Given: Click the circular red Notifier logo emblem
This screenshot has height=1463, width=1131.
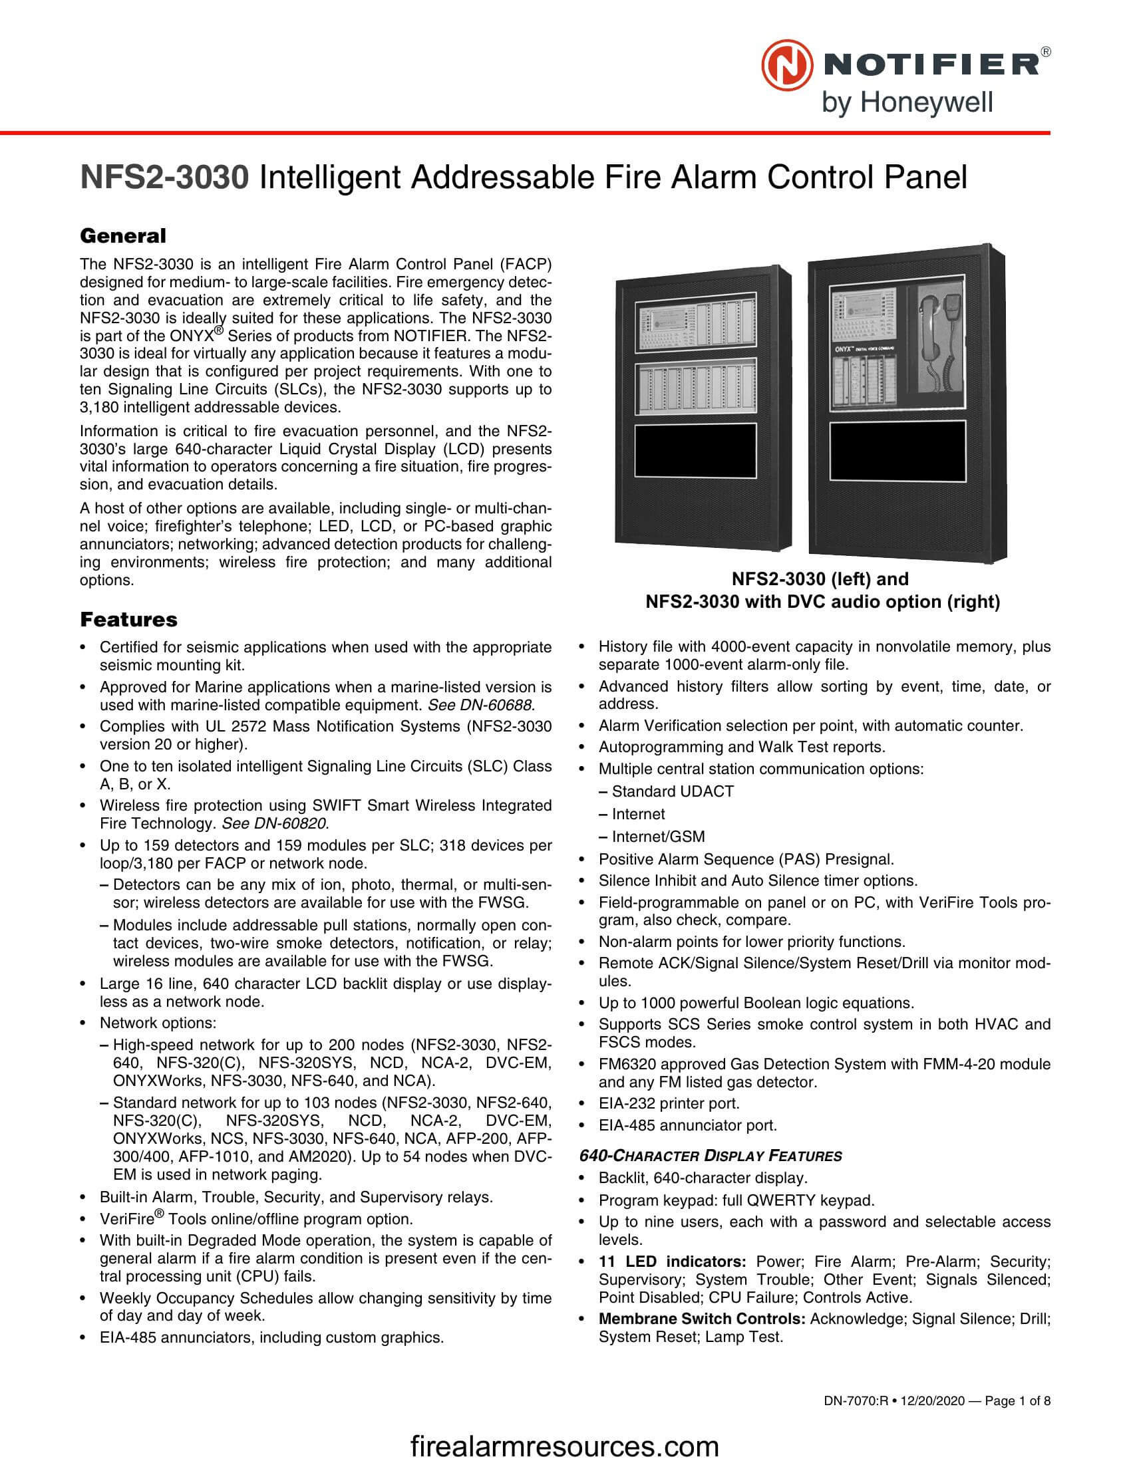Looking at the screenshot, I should tap(786, 65).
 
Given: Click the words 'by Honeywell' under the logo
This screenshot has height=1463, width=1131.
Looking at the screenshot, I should tap(907, 103).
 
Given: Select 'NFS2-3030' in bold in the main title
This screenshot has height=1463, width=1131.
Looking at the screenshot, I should tap(165, 178).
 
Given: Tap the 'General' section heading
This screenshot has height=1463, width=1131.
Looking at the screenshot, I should tap(122, 236).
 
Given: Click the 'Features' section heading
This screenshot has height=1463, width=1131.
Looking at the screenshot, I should tap(128, 619).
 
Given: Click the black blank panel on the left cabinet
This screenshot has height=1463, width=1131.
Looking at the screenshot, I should tap(695, 451).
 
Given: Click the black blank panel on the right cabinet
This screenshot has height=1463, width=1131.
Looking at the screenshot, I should tap(897, 451).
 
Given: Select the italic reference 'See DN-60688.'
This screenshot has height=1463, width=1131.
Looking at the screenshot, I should tap(480, 705).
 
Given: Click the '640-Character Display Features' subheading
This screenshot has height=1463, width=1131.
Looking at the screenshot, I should tap(711, 1156).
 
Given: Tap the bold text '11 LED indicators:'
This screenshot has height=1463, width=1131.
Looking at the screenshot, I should tap(672, 1262).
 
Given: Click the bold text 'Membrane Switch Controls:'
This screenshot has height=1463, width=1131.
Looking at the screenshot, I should tap(701, 1318).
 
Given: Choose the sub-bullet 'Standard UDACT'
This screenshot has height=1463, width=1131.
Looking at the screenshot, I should tap(672, 791).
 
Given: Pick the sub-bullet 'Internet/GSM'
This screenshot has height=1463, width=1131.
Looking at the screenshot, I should tap(658, 837).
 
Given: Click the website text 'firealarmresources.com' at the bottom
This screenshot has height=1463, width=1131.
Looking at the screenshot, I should tap(564, 1446).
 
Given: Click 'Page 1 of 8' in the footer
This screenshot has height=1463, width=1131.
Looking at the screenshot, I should tap(1017, 1400).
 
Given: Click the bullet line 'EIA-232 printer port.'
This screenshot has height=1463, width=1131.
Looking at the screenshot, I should tap(669, 1103).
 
